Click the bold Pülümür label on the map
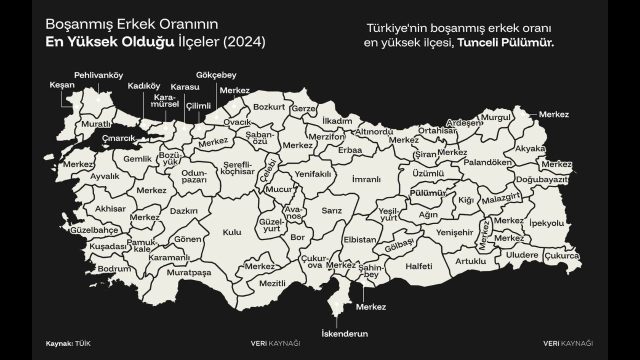tap(427, 192)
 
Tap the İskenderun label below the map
tap(344, 333)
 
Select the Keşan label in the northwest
tap(62, 85)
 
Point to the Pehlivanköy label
tap(98, 75)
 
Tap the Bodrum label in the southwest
tap(114, 268)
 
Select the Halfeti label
tap(418, 266)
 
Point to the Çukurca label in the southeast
tap(561, 255)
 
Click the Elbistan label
tap(359, 239)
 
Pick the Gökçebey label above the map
tap(216, 75)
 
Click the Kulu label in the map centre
tap(232, 232)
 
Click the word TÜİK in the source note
tap(83, 343)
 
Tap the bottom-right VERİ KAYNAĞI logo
tap(567, 343)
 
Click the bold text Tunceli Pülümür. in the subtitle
tap(505, 43)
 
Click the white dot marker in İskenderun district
tap(337, 303)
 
